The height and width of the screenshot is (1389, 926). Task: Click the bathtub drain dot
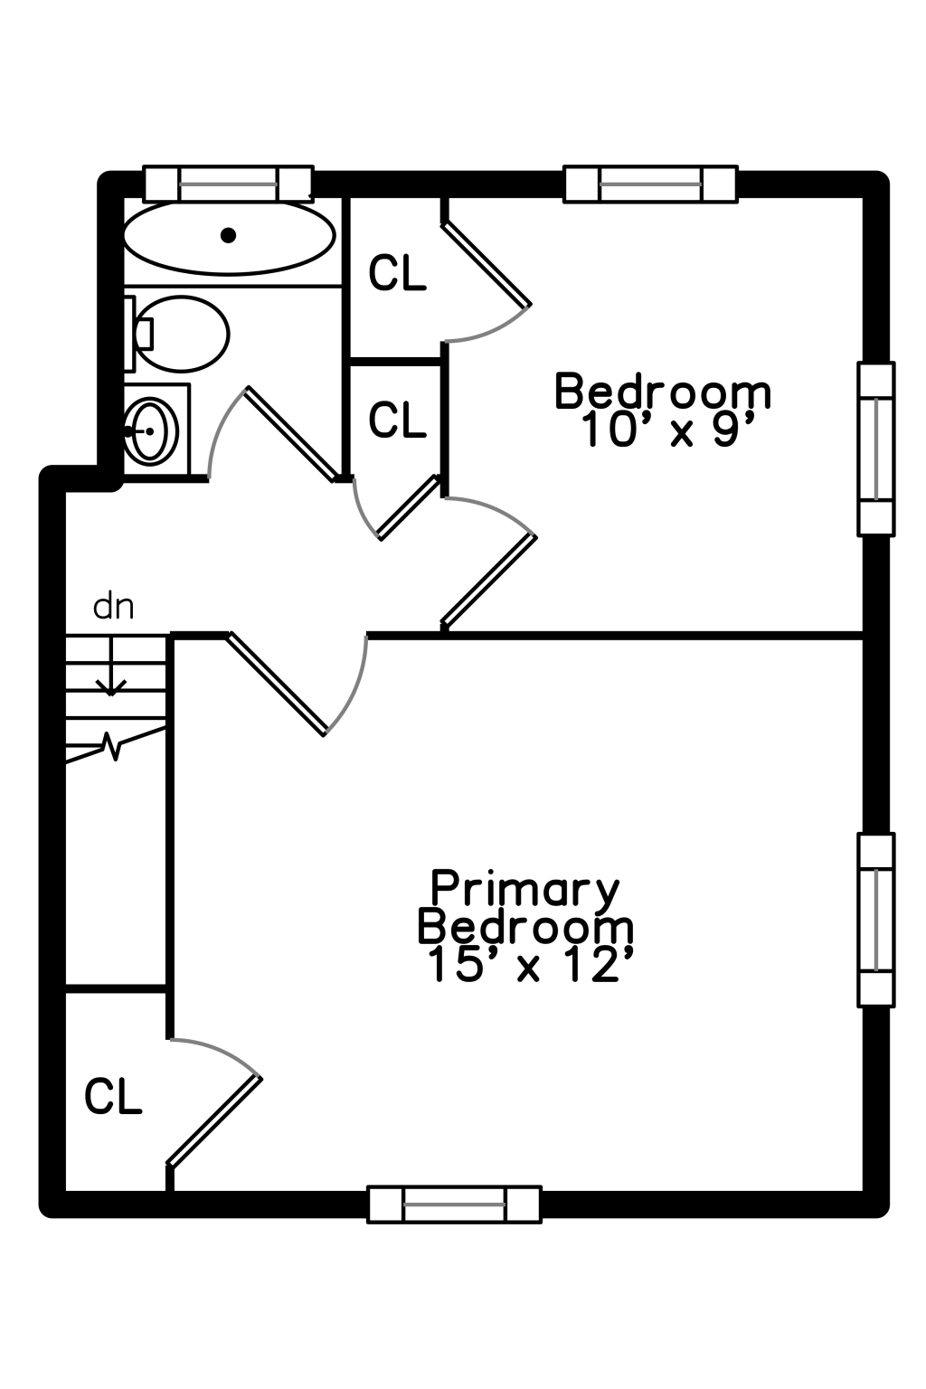pos(228,235)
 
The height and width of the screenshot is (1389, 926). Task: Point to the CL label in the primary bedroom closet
pos(113,1096)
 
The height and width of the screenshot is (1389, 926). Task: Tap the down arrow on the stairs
pos(111,666)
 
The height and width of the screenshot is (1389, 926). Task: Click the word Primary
pos(524,888)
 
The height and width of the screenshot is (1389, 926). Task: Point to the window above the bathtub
pos(228,184)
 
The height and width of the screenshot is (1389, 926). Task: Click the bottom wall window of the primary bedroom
pos(454,1205)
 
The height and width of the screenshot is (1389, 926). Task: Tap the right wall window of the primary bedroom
pos(875,920)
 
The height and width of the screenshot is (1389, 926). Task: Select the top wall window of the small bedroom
pos(650,184)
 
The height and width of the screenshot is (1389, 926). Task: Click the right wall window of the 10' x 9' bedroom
pos(875,449)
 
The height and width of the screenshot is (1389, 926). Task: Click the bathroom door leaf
pos(291,434)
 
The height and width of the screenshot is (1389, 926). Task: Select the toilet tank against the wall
pos(130,334)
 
